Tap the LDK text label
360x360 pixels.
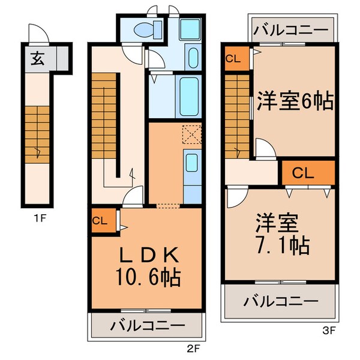147,255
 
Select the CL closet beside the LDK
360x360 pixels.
100,220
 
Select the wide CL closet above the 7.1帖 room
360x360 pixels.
307,173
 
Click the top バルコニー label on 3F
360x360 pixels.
290,29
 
